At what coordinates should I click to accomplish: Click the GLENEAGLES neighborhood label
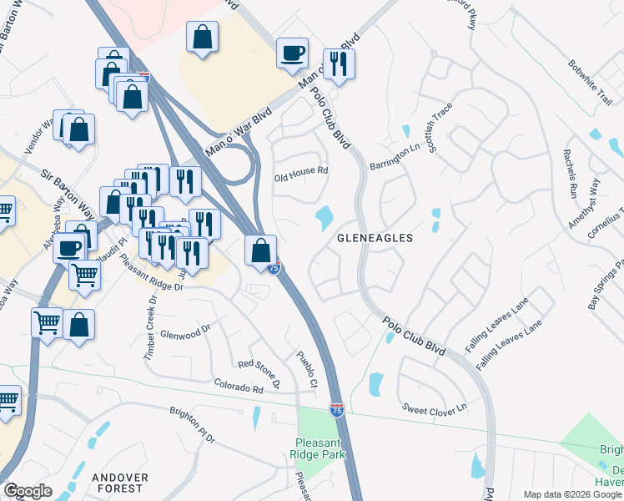[x=375, y=238]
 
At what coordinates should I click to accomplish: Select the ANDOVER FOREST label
[x=120, y=483]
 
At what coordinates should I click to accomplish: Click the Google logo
[x=28, y=491]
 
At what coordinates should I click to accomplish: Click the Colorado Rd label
[x=238, y=387]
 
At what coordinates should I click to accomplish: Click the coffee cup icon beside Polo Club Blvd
[x=292, y=53]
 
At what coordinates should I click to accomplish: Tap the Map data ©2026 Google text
[x=571, y=494]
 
